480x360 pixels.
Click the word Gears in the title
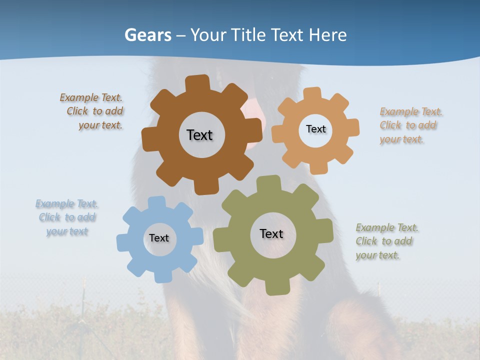[147, 35]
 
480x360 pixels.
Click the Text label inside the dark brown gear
[199, 135]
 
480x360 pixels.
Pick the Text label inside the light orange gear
[315, 129]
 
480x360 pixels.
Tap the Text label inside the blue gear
[159, 238]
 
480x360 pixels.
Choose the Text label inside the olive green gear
[271, 233]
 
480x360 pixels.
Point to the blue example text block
[67, 217]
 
